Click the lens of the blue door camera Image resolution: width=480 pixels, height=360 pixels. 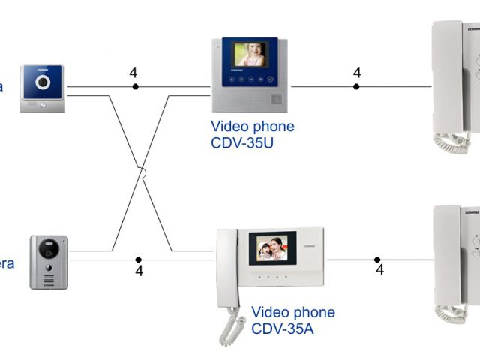click(43, 81)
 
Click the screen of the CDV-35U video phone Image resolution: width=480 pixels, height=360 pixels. click(250, 54)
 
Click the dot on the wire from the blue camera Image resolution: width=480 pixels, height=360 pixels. click(135, 87)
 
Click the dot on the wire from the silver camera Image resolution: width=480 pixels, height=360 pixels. click(139, 259)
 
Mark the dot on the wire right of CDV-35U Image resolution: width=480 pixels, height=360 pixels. click(357, 87)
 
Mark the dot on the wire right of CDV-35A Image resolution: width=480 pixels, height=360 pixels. click(378, 259)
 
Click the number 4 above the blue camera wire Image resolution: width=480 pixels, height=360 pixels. click(133, 73)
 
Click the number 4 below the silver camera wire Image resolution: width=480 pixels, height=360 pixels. click(139, 271)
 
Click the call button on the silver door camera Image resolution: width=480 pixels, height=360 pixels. click(49, 271)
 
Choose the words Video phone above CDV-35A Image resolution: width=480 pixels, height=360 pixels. click(293, 312)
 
